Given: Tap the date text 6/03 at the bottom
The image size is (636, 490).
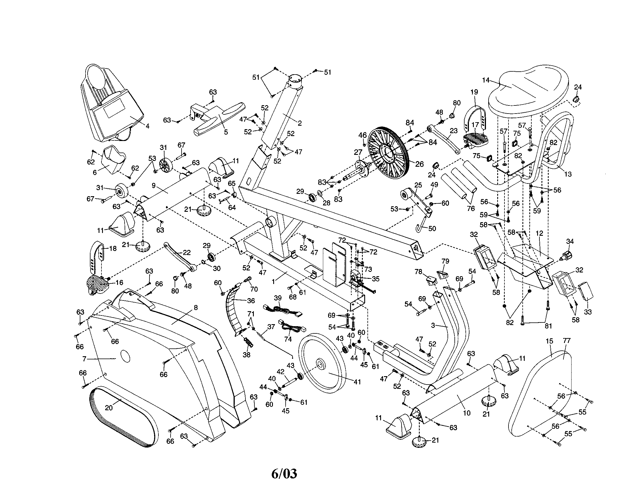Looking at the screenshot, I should coord(284,474).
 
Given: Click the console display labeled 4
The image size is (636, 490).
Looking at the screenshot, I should coord(114,108).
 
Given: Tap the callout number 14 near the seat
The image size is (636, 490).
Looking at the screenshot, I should coord(486,80).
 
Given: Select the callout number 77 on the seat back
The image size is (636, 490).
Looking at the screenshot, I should coord(567,340).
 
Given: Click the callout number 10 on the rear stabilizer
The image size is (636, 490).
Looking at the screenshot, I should coord(467,413).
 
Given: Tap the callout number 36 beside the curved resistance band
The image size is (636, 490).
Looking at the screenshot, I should coord(251,300).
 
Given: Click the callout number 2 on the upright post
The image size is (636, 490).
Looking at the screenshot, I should coord(299,123).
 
